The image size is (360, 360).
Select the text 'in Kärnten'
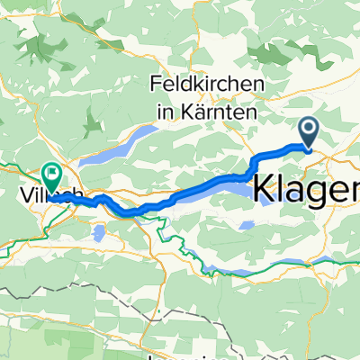click(x=207, y=113)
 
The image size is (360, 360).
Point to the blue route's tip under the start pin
click(x=309, y=149)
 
